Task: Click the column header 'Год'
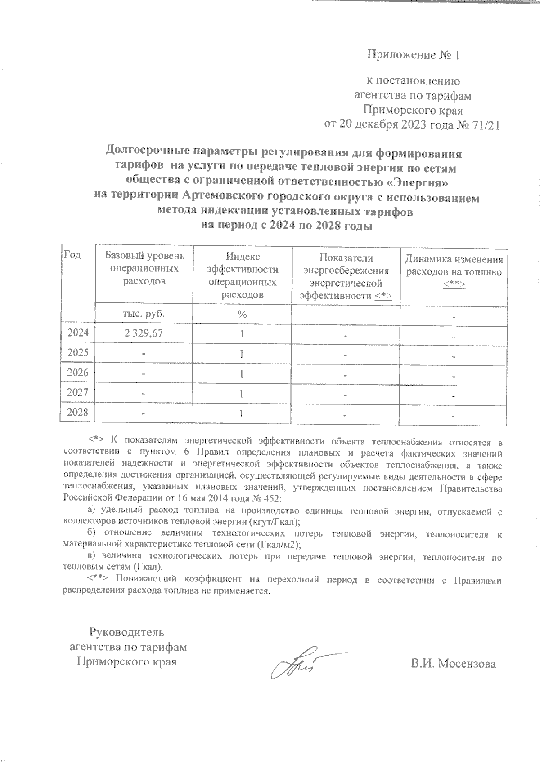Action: tap(73, 255)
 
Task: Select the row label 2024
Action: tap(78, 333)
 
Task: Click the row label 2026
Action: tap(78, 373)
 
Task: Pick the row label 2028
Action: tap(78, 412)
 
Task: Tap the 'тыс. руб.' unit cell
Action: tap(144, 314)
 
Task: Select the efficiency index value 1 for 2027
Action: tap(242, 394)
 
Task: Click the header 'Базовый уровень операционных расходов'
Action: tap(144, 268)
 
